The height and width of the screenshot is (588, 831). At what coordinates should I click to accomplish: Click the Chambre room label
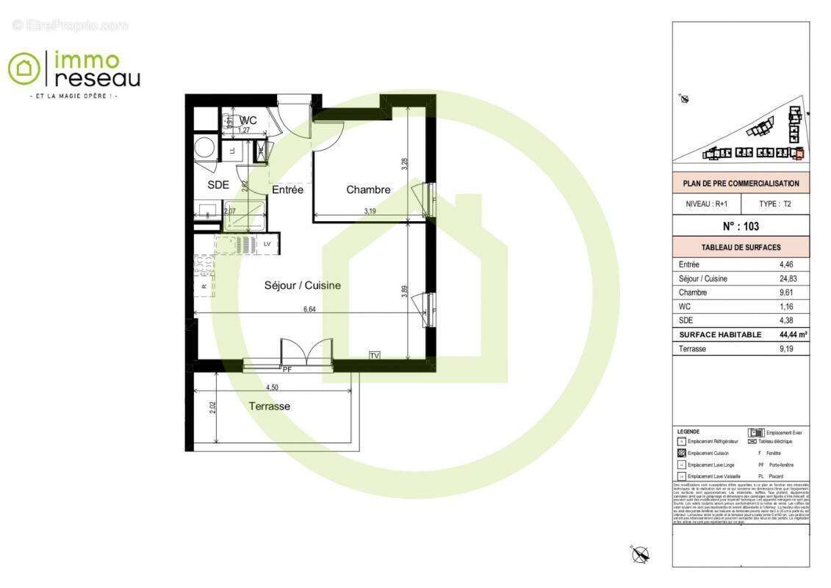click(368, 190)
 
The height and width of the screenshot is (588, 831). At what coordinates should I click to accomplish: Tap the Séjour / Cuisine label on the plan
click(303, 285)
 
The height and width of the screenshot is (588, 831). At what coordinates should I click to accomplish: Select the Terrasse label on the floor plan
click(269, 406)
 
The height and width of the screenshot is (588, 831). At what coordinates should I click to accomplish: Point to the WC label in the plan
click(248, 121)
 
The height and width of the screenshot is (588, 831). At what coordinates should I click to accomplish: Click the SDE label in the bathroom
click(218, 184)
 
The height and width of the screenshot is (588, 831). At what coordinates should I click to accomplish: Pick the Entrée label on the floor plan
click(288, 190)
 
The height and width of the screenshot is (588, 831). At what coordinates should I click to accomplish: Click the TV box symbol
click(375, 356)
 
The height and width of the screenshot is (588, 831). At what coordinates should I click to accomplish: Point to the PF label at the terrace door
click(287, 369)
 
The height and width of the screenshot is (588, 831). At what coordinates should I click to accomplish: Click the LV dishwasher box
click(267, 243)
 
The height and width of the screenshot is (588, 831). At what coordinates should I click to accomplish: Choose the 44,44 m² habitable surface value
click(794, 334)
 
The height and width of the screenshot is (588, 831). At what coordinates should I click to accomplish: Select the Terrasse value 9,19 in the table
click(788, 349)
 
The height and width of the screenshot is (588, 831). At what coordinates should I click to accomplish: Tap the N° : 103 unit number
click(740, 226)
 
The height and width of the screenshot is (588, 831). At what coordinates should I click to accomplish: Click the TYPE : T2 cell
click(775, 204)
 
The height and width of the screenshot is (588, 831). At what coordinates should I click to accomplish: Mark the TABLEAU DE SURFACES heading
click(741, 247)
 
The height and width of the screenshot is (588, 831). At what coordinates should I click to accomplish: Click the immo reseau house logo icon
click(25, 68)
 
